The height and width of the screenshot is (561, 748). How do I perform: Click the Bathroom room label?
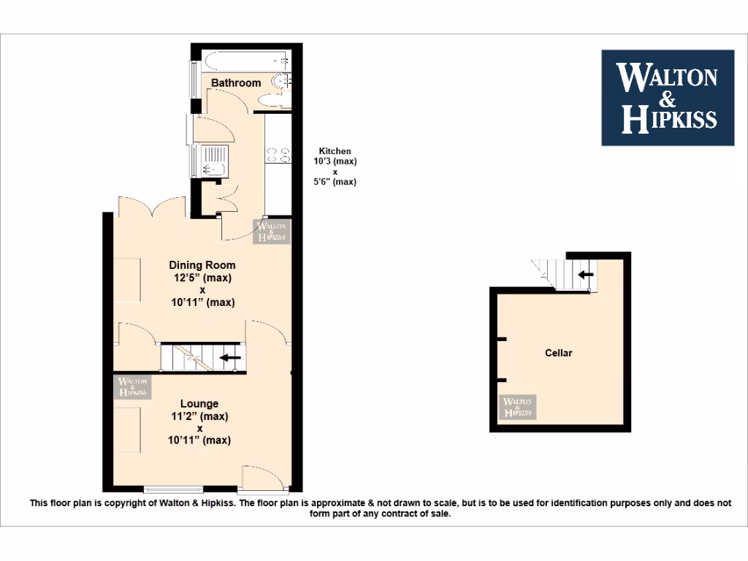[236, 83]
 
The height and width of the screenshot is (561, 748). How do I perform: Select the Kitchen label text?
[335, 151]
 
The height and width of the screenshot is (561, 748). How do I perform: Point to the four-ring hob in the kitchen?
[278, 154]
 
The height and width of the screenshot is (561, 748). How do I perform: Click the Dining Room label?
[202, 264]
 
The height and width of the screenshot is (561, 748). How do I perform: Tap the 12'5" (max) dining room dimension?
[202, 278]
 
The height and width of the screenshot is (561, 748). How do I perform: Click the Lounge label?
[199, 403]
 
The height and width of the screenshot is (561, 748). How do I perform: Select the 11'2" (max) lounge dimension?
[199, 416]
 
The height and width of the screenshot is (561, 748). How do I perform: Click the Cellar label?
[559, 353]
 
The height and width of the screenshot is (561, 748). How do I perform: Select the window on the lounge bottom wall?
[164, 489]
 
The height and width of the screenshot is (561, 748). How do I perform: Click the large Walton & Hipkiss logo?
[667, 97]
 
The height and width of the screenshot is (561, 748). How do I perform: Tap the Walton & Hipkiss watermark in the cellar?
[518, 407]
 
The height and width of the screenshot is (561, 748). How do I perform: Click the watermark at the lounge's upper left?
[132, 386]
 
